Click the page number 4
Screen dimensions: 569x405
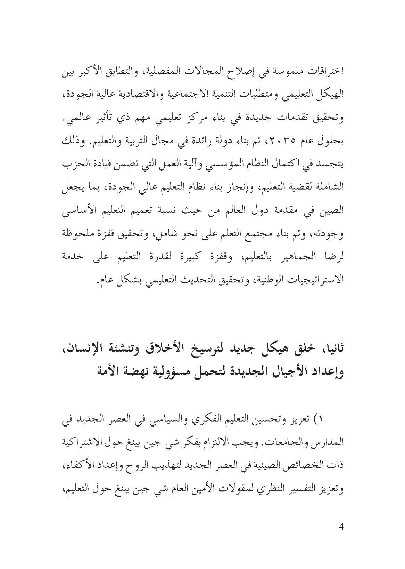click(341, 536)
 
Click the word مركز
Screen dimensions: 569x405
click(192, 119)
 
